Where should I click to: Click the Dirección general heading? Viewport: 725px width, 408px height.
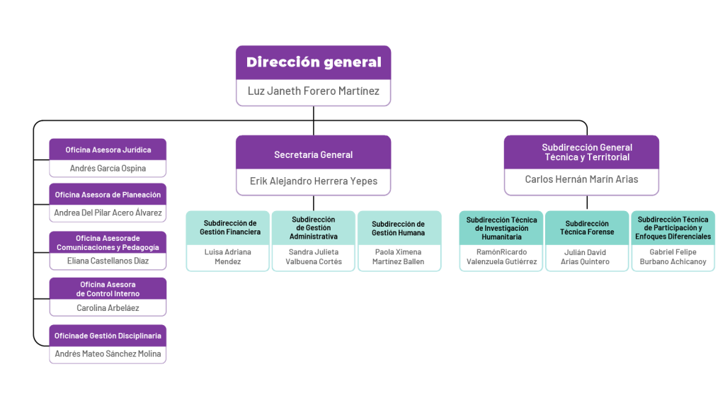coord(313,62)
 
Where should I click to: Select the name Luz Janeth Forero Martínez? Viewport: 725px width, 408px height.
coord(313,91)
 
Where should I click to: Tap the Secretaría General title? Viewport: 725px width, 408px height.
coord(313,154)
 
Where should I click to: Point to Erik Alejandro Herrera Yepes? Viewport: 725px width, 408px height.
coord(313,181)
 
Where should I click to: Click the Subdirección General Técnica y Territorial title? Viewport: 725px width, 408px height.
coord(581,152)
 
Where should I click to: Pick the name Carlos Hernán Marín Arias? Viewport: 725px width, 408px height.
coord(581,180)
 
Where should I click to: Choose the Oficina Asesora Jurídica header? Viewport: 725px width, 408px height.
coord(108,150)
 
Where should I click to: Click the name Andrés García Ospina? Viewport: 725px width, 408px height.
coord(108,169)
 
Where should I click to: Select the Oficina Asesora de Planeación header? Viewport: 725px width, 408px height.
coord(108,195)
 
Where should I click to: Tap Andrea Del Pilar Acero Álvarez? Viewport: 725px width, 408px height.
coord(108,213)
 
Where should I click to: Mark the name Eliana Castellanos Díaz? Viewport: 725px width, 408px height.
coord(108,261)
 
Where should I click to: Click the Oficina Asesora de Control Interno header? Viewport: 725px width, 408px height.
coord(108,289)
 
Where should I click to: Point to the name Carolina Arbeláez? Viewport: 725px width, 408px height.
coord(108,308)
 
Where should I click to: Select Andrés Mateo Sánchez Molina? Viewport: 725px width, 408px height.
coord(108,354)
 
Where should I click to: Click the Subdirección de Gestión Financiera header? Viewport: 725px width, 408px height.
coord(228,227)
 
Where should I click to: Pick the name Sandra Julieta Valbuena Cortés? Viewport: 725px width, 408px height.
coord(314,257)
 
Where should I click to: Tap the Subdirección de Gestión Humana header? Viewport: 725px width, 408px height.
coord(399,227)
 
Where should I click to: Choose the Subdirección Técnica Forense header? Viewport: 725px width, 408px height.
coord(587,227)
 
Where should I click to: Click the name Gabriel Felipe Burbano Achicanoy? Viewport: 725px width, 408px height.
coord(673,257)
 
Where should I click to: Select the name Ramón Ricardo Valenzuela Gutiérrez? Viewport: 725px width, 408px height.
coord(501,257)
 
